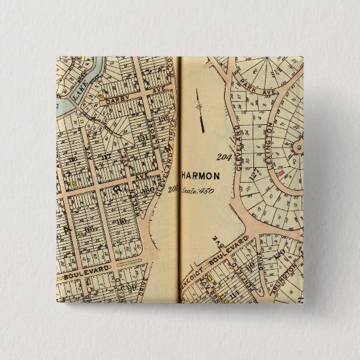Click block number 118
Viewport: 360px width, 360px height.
click(x=121, y=221)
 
